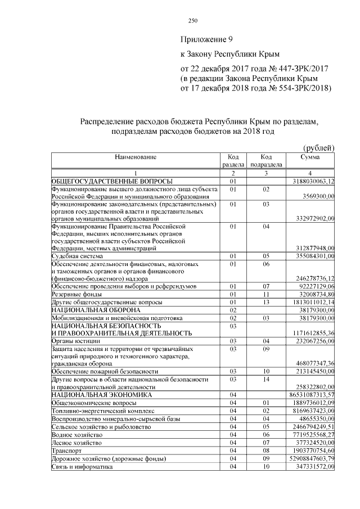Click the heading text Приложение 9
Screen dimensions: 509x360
coord(205,40)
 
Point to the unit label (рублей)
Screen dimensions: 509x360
coord(319,148)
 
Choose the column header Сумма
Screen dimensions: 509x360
coord(310,156)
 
